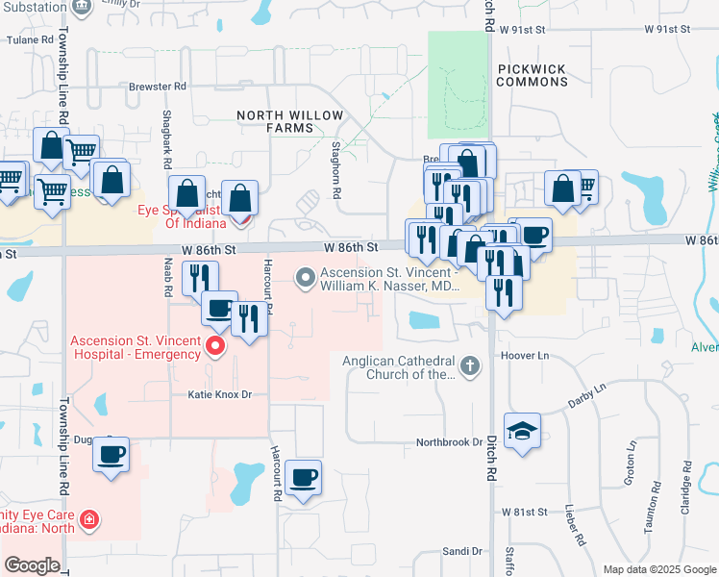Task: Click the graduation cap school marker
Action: click(x=522, y=430)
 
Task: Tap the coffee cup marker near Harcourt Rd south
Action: click(x=304, y=478)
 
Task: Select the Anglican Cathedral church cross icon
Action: click(x=469, y=366)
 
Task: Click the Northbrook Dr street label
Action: click(x=448, y=442)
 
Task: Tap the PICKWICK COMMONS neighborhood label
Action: click(x=532, y=75)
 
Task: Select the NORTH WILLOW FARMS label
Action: click(x=290, y=121)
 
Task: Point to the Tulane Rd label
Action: click(x=27, y=40)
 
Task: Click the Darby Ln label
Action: click(x=588, y=393)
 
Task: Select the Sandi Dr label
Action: click(x=461, y=551)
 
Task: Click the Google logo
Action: click(x=32, y=565)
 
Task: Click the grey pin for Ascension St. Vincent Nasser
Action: click(x=306, y=279)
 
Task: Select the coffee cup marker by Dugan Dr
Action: click(x=112, y=454)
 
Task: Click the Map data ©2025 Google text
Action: click(x=658, y=569)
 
